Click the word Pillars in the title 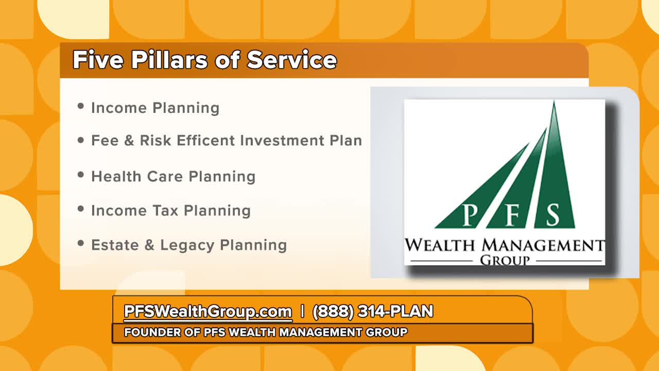[x=169, y=60]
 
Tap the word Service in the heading [x=291, y=60]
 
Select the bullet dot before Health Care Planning [x=81, y=175]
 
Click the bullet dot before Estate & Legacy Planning [x=81, y=243]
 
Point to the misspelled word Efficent [x=205, y=140]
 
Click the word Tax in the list [x=166, y=211]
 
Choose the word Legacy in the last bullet [x=187, y=246]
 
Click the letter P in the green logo [x=470, y=215]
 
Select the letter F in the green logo [x=512, y=215]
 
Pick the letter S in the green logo [x=553, y=215]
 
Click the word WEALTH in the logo [x=440, y=245]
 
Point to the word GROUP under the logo [x=505, y=261]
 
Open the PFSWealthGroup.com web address [x=207, y=311]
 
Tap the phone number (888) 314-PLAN [x=373, y=311]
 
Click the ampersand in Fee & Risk [x=129, y=140]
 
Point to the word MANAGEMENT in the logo [x=543, y=245]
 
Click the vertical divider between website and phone [x=302, y=311]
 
